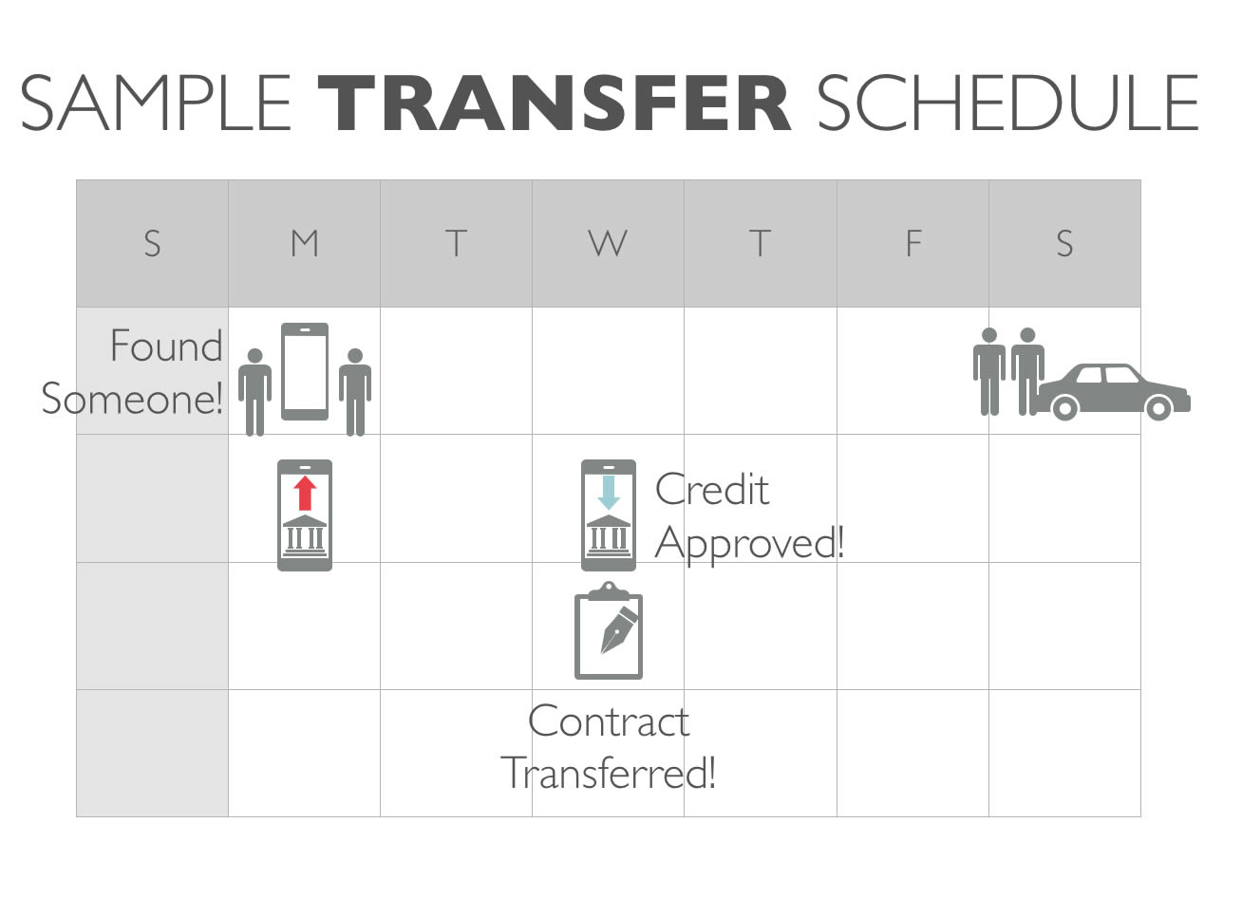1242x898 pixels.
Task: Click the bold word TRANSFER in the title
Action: coord(555,103)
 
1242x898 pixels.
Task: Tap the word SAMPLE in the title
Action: coord(156,103)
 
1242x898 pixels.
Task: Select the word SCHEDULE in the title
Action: coord(1008,103)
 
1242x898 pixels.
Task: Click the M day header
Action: coord(305,243)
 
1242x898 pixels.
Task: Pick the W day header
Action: coord(608,243)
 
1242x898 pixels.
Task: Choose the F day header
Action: coord(913,243)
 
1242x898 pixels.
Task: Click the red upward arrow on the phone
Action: coord(305,493)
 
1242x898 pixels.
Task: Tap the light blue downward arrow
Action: coord(609,493)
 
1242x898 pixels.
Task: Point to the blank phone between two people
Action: coord(305,371)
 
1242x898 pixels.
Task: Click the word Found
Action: coord(166,346)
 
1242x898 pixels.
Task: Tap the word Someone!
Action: coord(132,398)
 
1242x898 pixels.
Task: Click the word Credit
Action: coord(712,490)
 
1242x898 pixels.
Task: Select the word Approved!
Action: coord(749,544)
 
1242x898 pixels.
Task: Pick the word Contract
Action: coord(609,721)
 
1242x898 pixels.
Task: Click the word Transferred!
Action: coord(609,773)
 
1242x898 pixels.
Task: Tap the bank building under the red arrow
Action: coord(305,535)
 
